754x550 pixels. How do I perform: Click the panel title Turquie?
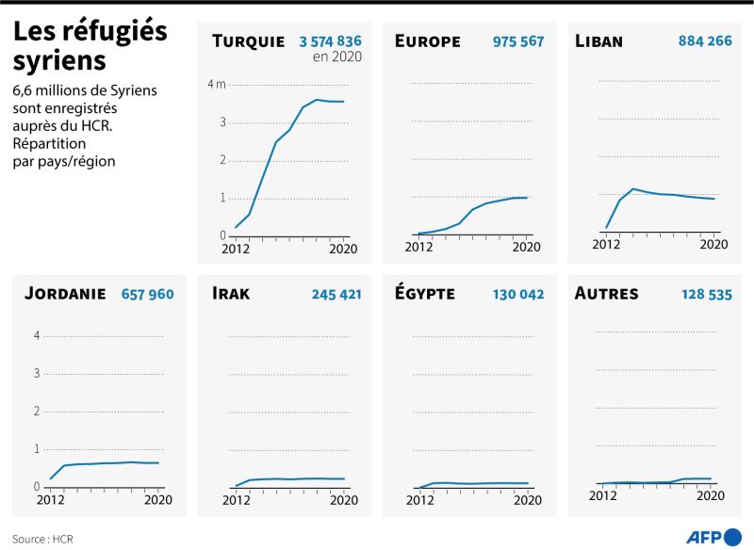point(248,40)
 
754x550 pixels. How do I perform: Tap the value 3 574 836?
point(330,40)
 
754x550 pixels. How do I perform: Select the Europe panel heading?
point(428,40)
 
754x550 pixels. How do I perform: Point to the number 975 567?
point(517,40)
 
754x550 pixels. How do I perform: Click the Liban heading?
point(598,40)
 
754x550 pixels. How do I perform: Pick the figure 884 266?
point(705,40)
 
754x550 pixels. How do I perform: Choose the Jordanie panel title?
point(64,293)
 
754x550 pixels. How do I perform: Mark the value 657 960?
point(147,294)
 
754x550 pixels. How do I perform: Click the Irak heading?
point(231,293)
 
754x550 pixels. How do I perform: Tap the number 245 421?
point(336,294)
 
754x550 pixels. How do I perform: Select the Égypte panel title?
point(425,293)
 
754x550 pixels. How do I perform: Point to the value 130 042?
point(517,294)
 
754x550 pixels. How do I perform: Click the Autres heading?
point(606,293)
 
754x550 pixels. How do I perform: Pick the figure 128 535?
point(706,294)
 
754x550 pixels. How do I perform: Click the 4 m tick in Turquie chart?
point(217,85)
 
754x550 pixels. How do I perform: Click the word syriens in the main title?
point(59,60)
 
